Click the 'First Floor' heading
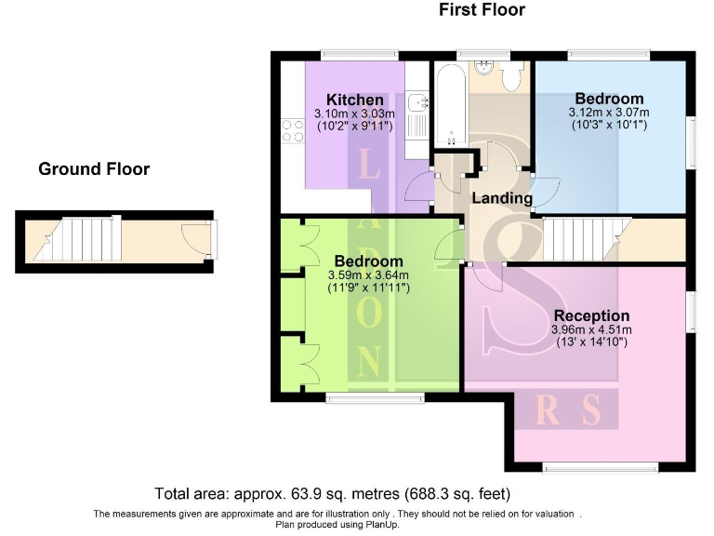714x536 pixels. tap(482, 10)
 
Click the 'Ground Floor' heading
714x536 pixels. tap(94, 169)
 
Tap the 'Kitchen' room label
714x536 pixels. tap(354, 100)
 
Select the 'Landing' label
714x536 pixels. tap(502, 198)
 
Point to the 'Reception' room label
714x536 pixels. tap(590, 315)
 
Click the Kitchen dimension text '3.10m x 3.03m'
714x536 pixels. tap(354, 114)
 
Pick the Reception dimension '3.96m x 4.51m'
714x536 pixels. tap(590, 329)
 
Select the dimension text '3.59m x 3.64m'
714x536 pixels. tap(368, 275)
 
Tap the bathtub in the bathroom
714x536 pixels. tap(448, 104)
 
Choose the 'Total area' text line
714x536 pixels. tap(332, 493)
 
